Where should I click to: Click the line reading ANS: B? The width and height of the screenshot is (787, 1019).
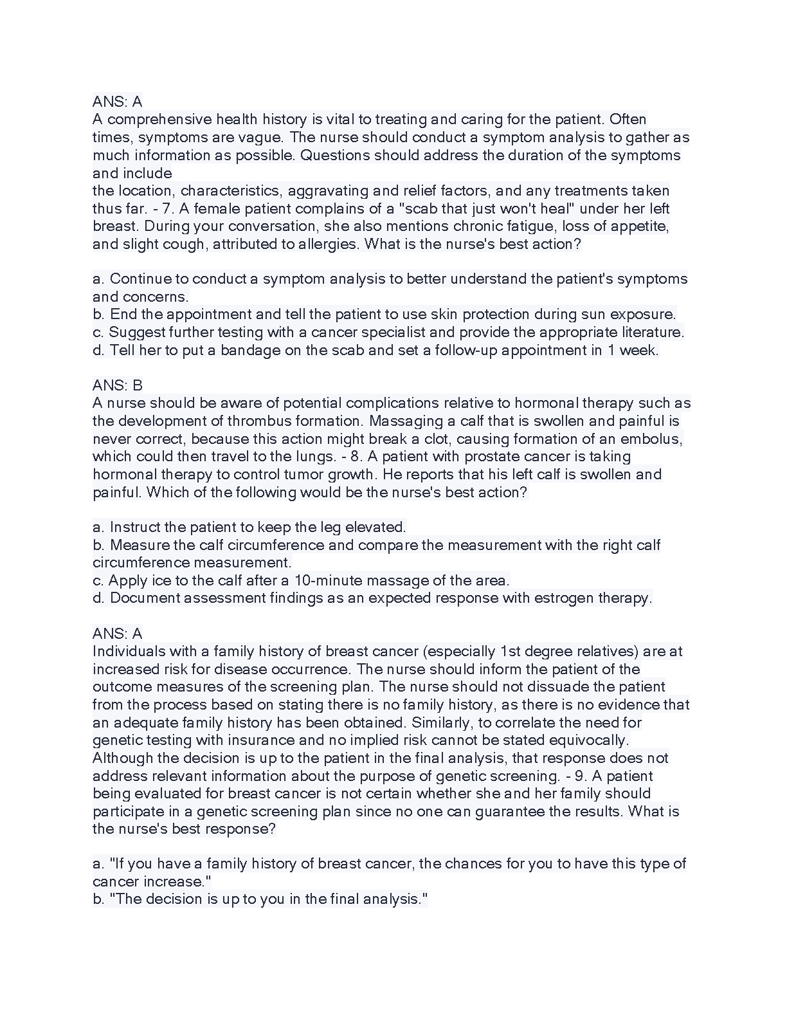coord(118,385)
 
